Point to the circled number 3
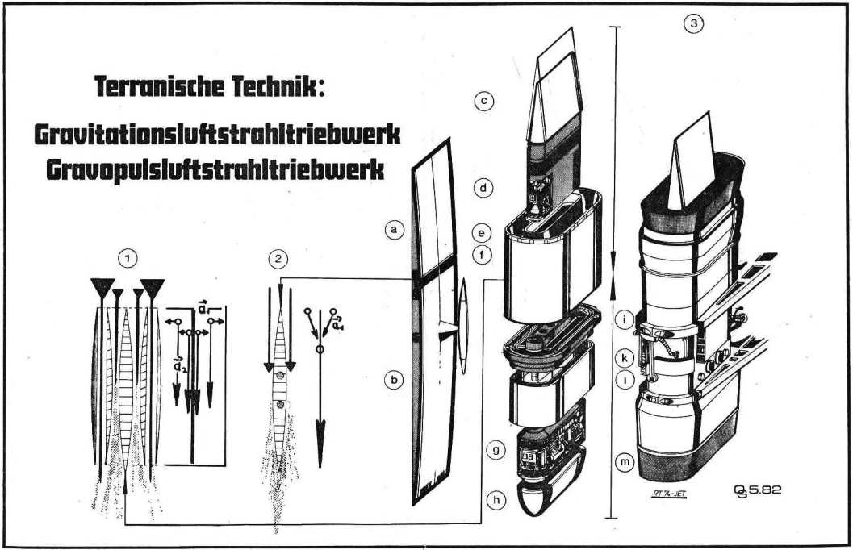coord(692,24)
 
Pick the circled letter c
coord(483,102)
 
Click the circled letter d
coord(483,189)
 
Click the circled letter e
coord(483,233)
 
